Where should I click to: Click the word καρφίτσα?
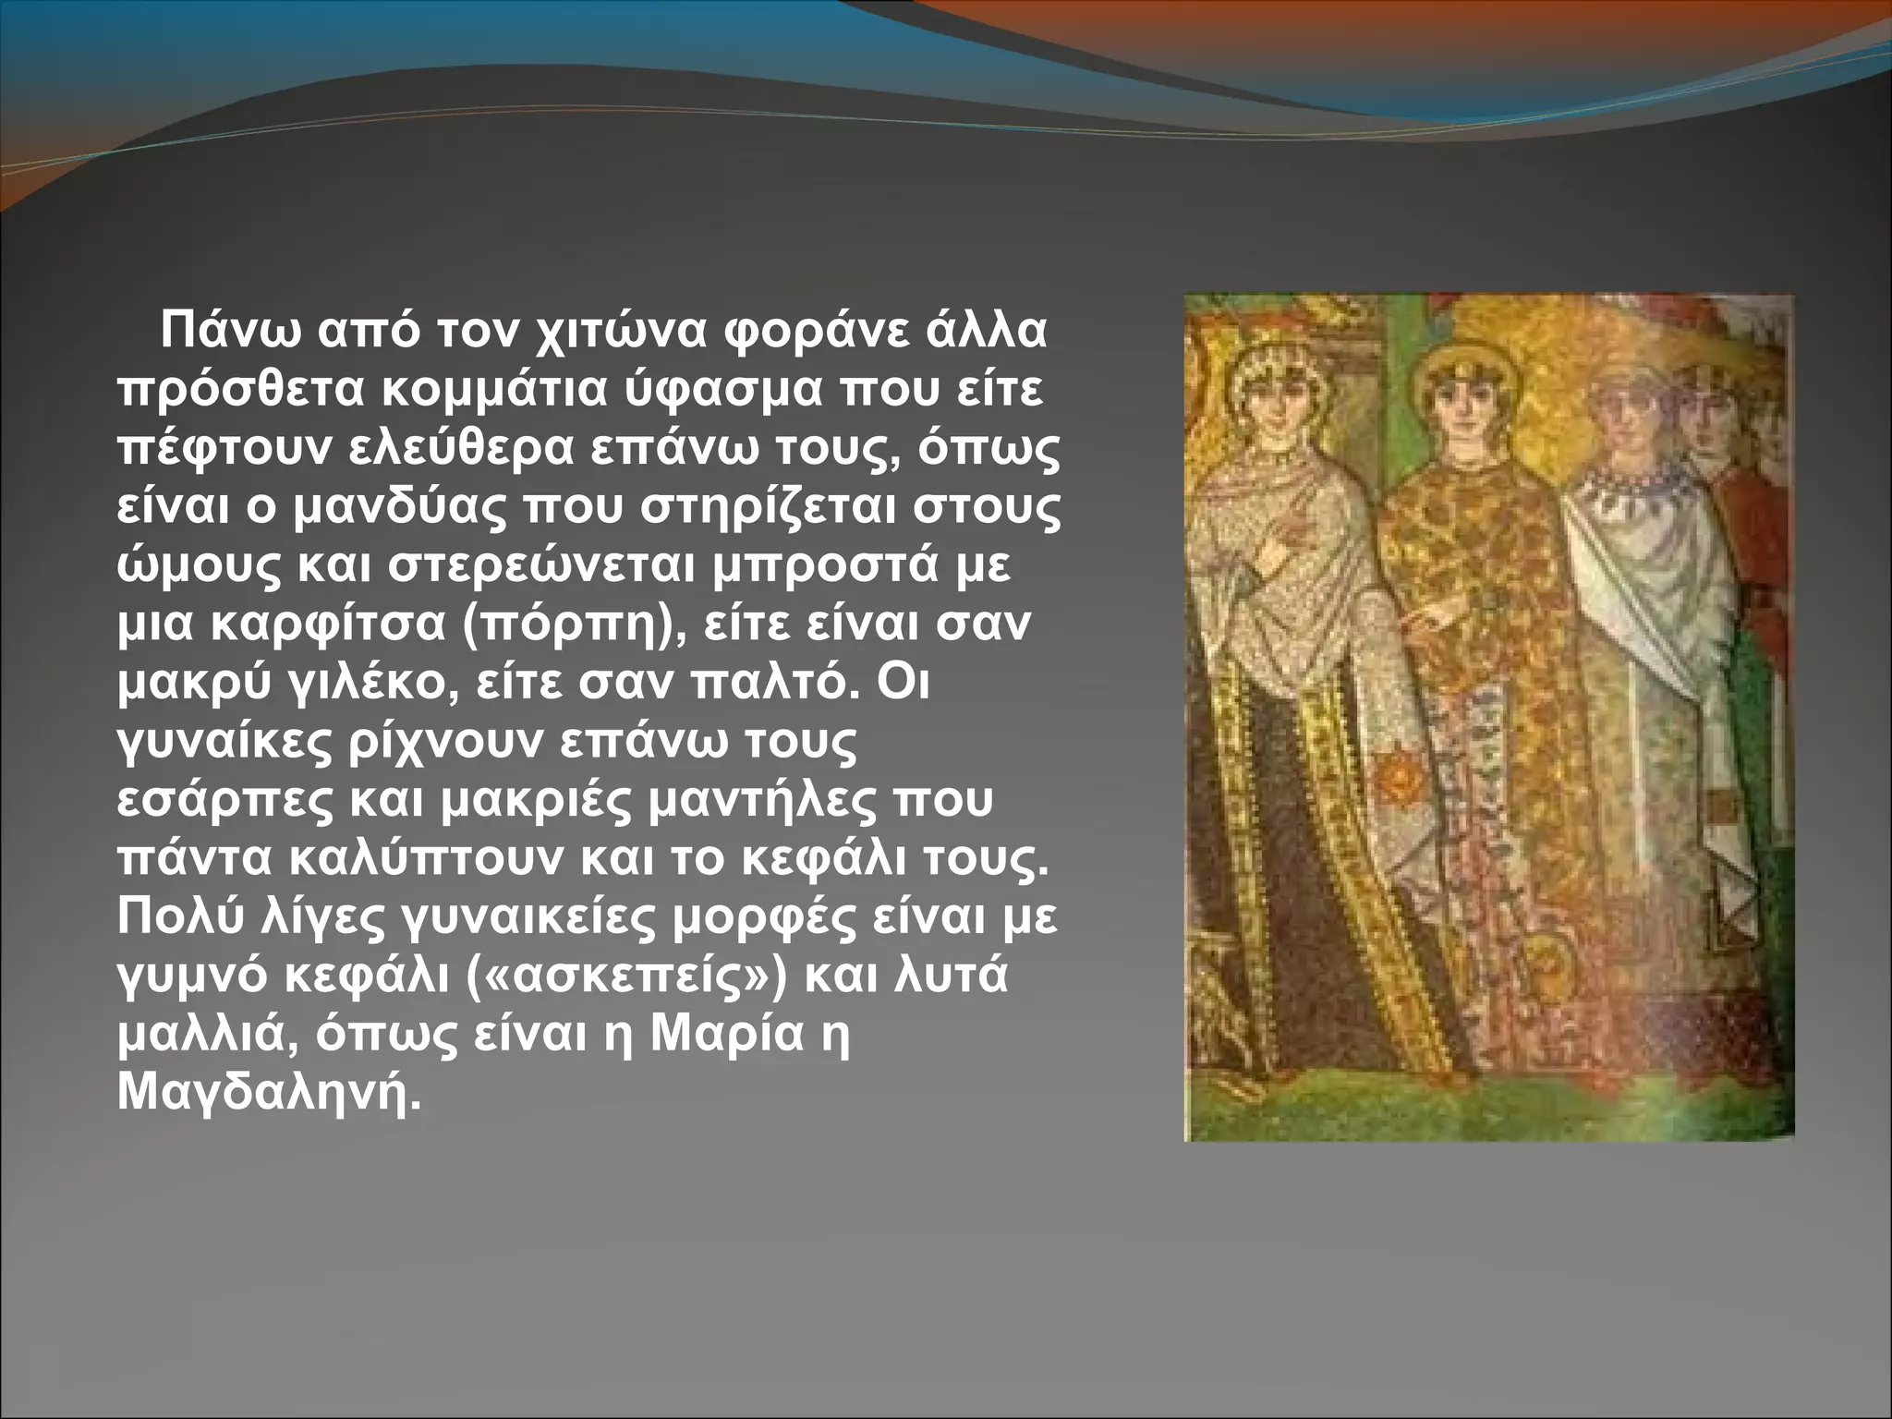point(327,624)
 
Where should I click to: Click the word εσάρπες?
point(224,799)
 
